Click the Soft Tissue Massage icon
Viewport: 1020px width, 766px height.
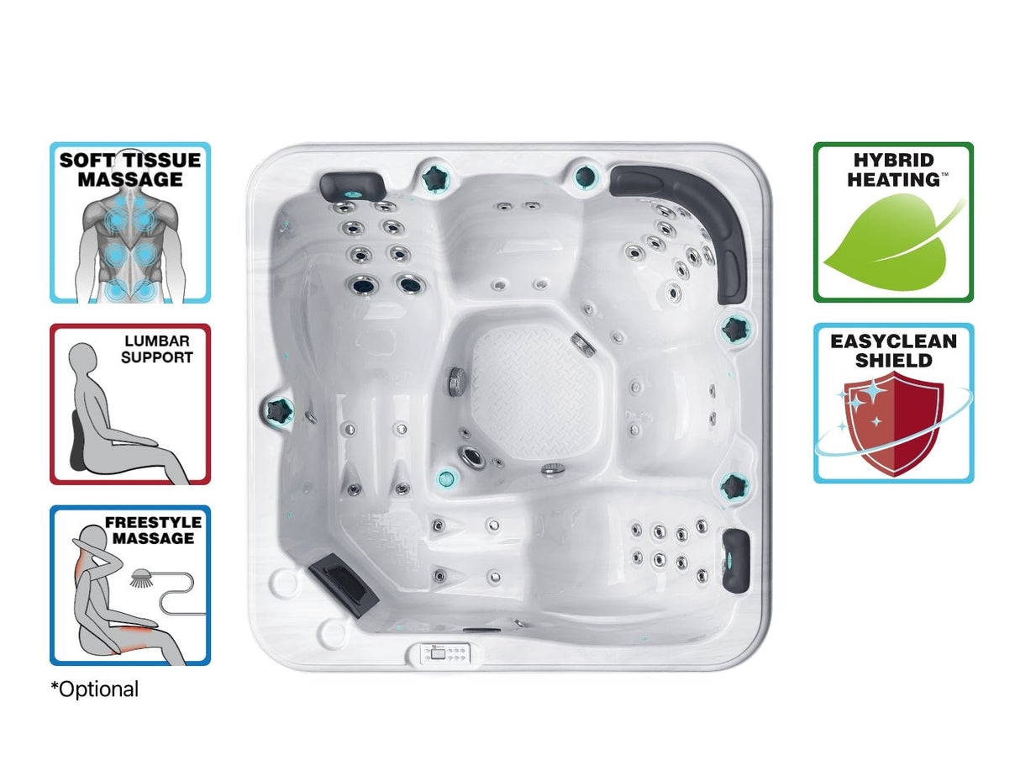click(130, 222)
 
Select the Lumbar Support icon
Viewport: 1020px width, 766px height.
click(130, 404)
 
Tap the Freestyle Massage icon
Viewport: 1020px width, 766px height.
click(130, 585)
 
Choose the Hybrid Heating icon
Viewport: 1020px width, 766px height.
click(893, 222)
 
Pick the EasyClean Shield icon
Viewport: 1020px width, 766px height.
click(893, 403)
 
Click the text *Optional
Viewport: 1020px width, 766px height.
click(95, 689)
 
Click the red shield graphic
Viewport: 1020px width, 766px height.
click(892, 425)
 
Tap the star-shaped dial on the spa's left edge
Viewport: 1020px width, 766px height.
click(278, 410)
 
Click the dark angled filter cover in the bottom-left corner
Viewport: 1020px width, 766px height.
click(342, 580)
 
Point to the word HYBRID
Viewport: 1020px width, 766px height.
click(893, 160)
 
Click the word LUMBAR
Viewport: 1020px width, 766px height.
click(157, 341)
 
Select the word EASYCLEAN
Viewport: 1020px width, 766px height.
click(893, 341)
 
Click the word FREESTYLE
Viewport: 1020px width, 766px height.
click(153, 522)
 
